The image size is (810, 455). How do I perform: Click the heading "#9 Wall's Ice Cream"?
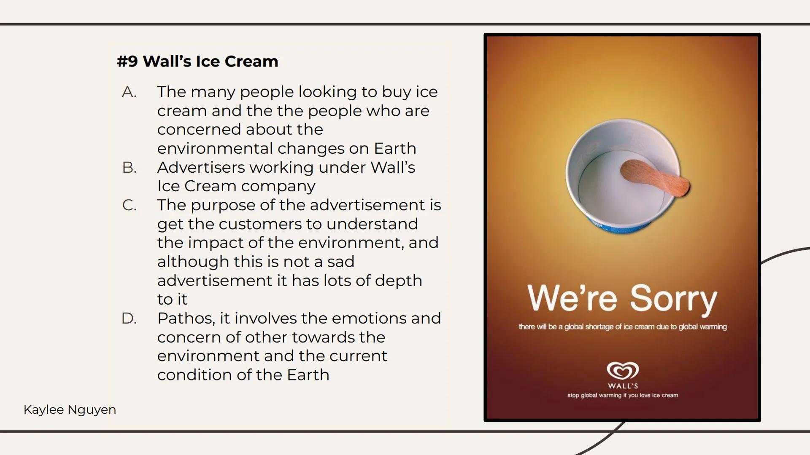197,62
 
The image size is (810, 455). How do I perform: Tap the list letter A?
129,92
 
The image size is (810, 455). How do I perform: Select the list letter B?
129,167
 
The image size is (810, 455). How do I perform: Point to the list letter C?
129,205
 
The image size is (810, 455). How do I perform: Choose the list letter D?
129,318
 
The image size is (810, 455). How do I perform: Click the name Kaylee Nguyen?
70,409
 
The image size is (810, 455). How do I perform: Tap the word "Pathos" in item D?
186,318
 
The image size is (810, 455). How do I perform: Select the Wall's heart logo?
623,371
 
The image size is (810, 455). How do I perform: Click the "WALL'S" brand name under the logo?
623,386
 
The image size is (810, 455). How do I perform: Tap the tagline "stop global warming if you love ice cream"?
623,395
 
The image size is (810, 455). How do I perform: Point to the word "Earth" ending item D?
308,375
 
